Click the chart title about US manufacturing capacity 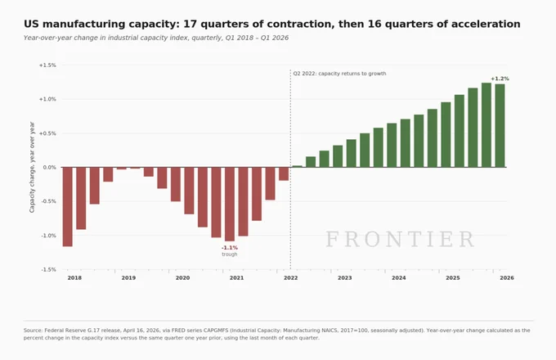pos(272,24)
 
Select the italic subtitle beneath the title pos(156,38)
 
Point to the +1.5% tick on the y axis pos(47,65)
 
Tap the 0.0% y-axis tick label pos(50,168)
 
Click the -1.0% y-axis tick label pos(48,236)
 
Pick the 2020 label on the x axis pos(182,277)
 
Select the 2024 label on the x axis pos(399,277)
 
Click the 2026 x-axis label pos(507,277)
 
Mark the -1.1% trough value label pos(230,248)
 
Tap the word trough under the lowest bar pos(230,254)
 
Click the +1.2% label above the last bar pos(500,79)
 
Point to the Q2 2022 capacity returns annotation pos(339,74)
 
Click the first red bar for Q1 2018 pos(67,207)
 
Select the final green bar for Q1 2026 pos(500,125)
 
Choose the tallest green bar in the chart pos(486,125)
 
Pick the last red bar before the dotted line pos(284,173)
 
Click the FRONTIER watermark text pos(400,239)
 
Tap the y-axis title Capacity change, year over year pos(32,167)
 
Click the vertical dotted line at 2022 pos(290,169)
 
